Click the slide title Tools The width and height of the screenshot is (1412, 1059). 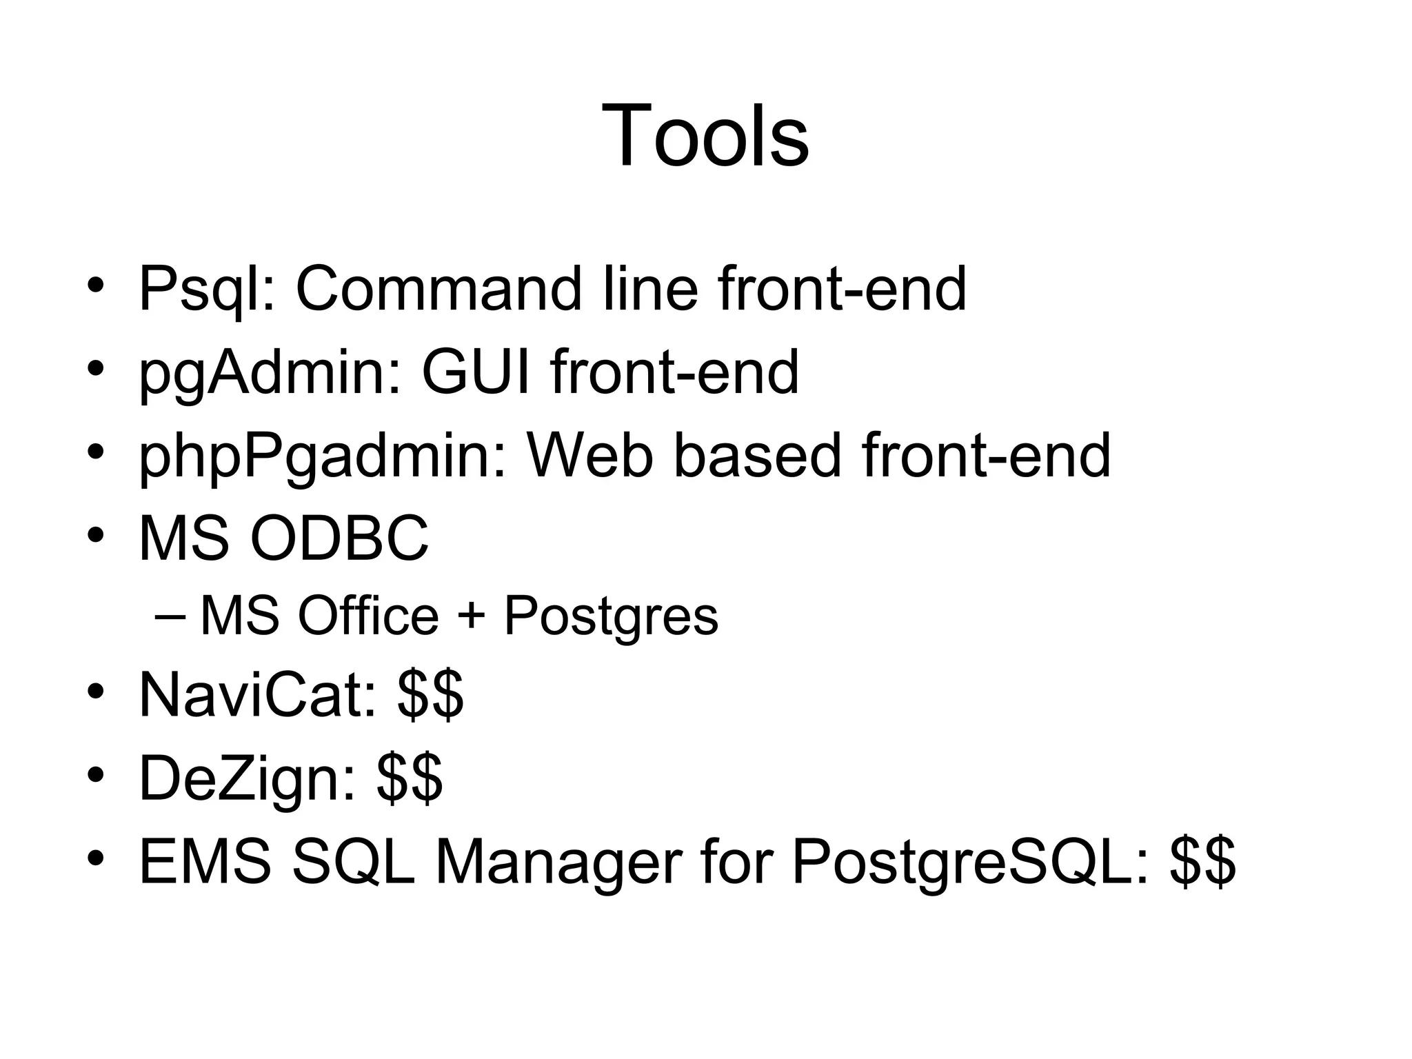[x=705, y=135]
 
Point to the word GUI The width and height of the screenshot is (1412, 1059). [x=476, y=372]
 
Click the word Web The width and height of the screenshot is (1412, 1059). [x=589, y=455]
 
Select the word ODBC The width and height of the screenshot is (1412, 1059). [x=339, y=538]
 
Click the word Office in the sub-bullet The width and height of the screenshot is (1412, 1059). [x=367, y=616]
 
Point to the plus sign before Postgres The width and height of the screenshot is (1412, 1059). [x=471, y=616]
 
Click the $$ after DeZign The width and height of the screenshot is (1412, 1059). [x=410, y=779]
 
